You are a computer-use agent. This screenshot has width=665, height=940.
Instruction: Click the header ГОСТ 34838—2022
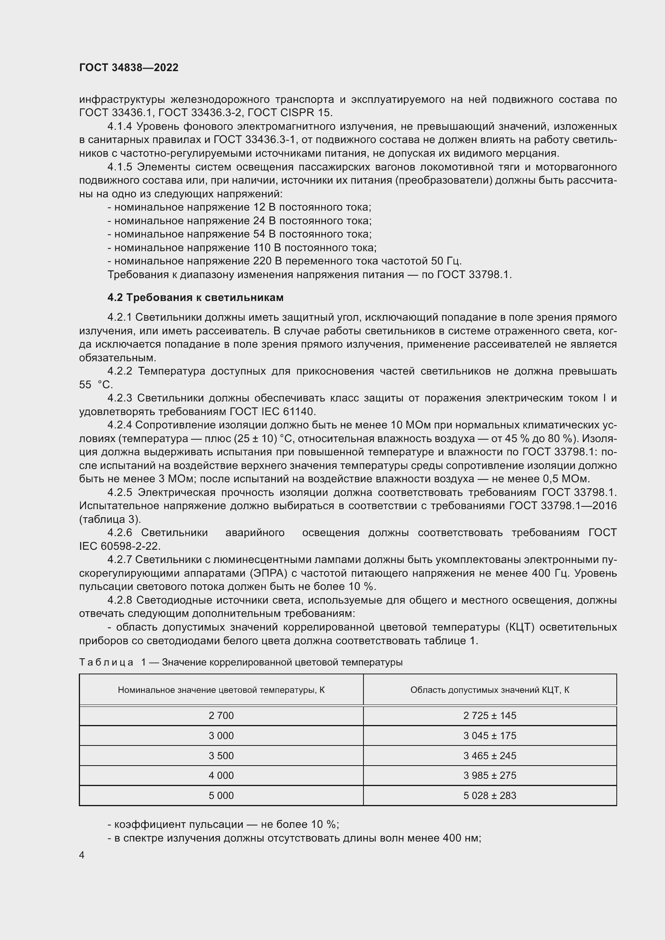pyautogui.click(x=129, y=68)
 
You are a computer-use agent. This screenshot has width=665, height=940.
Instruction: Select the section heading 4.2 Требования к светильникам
pyautogui.click(x=195, y=297)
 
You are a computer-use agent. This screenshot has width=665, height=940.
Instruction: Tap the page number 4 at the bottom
pyautogui.click(x=82, y=855)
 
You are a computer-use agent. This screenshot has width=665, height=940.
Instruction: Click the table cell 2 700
pyautogui.click(x=221, y=716)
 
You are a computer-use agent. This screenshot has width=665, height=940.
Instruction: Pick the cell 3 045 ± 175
pyautogui.click(x=490, y=736)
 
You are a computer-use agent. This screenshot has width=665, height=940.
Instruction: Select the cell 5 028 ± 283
pyautogui.click(x=490, y=795)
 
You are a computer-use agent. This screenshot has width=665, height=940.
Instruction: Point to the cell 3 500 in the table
pyautogui.click(x=221, y=756)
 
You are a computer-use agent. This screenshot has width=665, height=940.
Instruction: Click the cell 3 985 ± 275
pyautogui.click(x=490, y=775)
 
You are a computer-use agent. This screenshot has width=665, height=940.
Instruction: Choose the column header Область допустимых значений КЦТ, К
pyautogui.click(x=490, y=690)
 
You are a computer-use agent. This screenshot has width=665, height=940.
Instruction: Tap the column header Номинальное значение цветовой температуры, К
pyautogui.click(x=221, y=690)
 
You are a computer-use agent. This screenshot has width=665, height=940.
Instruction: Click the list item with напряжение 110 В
pyautogui.click(x=242, y=248)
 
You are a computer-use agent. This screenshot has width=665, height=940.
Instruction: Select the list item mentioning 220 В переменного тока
pyautogui.click(x=284, y=261)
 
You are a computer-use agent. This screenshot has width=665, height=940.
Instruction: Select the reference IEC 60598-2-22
pyautogui.click(x=119, y=546)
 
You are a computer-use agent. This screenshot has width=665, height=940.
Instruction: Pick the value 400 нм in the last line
pyautogui.click(x=461, y=838)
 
